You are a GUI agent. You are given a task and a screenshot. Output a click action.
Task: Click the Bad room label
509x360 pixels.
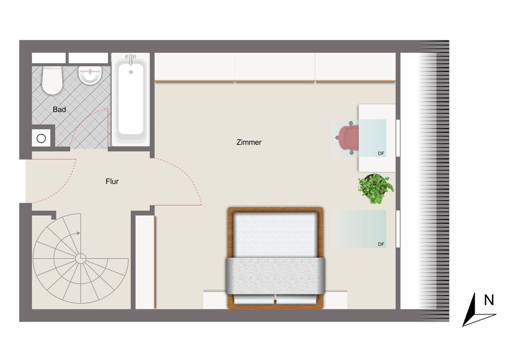coord(59,109)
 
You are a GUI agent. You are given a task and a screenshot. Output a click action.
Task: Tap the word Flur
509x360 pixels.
coord(112,181)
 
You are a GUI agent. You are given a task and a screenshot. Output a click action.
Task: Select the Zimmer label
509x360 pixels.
coord(249,142)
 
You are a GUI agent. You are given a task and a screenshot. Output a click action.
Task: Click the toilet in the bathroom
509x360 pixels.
coord(52,80)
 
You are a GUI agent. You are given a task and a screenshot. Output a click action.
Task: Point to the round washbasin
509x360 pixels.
coord(90,75)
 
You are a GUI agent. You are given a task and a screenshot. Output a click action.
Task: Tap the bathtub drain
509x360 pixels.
coord(131,72)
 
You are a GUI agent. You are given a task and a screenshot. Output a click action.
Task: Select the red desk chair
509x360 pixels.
coord(348,138)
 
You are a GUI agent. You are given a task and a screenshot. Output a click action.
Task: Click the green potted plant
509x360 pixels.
coord(376,189)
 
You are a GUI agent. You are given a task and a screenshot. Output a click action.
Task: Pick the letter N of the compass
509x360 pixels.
coord(489,300)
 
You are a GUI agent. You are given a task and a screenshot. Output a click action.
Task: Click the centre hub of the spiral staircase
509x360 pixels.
coord(80,259)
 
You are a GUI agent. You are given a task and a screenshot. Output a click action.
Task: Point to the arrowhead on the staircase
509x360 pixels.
coord(78,233)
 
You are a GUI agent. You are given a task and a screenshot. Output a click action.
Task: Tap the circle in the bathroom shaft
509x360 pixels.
coord(41,138)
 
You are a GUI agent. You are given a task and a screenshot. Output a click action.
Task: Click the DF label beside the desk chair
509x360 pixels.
coord(381,154)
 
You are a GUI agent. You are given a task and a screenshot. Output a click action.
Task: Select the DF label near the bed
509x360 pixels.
coord(381,244)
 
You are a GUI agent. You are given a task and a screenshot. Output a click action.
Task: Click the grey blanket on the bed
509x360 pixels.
coord(275,276)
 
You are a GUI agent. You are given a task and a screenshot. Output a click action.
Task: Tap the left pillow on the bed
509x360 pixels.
coord(254,299)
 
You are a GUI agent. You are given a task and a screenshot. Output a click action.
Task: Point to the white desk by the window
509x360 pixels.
coord(377,138)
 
